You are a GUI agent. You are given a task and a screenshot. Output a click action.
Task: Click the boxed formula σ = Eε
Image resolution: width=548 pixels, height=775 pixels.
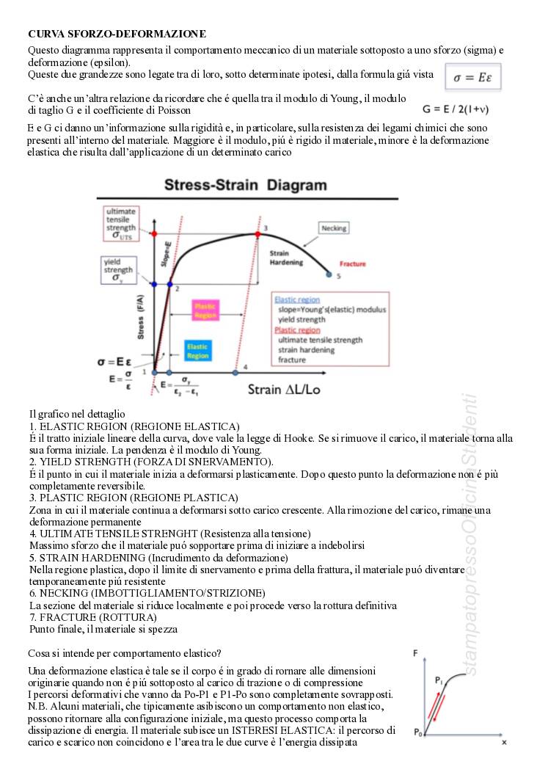tap(473, 77)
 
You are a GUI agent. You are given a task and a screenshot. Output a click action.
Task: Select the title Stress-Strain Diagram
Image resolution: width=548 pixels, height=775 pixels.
tap(245, 185)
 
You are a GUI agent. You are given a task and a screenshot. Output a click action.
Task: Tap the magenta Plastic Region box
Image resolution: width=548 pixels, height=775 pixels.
tap(206, 310)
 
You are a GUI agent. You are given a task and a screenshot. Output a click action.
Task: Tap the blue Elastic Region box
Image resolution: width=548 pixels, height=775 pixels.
tap(197, 350)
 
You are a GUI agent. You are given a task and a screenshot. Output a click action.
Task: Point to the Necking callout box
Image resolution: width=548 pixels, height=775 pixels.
tap(334, 228)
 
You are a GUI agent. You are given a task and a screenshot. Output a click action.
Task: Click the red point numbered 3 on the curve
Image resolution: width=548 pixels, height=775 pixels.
tap(257, 234)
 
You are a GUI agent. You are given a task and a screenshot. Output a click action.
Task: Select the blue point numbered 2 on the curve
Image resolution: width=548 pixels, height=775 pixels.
tap(170, 284)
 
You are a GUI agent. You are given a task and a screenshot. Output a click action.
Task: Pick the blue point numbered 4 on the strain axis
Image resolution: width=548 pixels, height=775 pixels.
tap(235, 372)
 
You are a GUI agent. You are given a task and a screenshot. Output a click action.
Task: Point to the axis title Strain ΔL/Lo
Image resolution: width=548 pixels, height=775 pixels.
tap(283, 389)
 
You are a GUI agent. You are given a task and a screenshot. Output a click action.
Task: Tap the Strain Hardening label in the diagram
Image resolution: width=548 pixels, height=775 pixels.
tap(284, 257)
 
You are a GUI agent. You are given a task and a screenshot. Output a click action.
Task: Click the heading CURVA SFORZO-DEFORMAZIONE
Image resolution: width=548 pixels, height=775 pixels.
tap(117, 34)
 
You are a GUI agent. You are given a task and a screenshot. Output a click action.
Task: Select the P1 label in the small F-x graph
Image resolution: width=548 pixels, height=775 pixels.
tap(438, 680)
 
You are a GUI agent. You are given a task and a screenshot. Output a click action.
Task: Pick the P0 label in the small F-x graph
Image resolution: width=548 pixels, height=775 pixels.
tap(417, 732)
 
